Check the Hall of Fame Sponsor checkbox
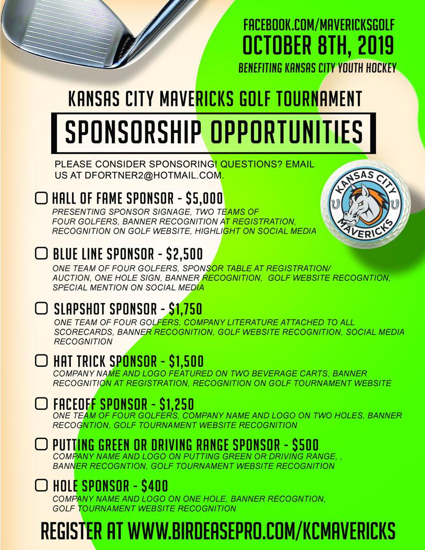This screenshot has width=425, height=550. pyautogui.click(x=41, y=198)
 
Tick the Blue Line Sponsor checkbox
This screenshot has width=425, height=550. pyautogui.click(x=41, y=252)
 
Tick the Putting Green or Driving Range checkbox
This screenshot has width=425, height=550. pyautogui.click(x=41, y=444)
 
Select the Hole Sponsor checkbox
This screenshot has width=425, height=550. pyautogui.click(x=41, y=486)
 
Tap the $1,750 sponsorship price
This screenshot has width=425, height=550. pyautogui.click(x=185, y=309)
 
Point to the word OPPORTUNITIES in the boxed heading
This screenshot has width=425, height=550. pyautogui.click(x=280, y=130)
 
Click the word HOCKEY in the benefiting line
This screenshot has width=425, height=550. pyautogui.click(x=379, y=68)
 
